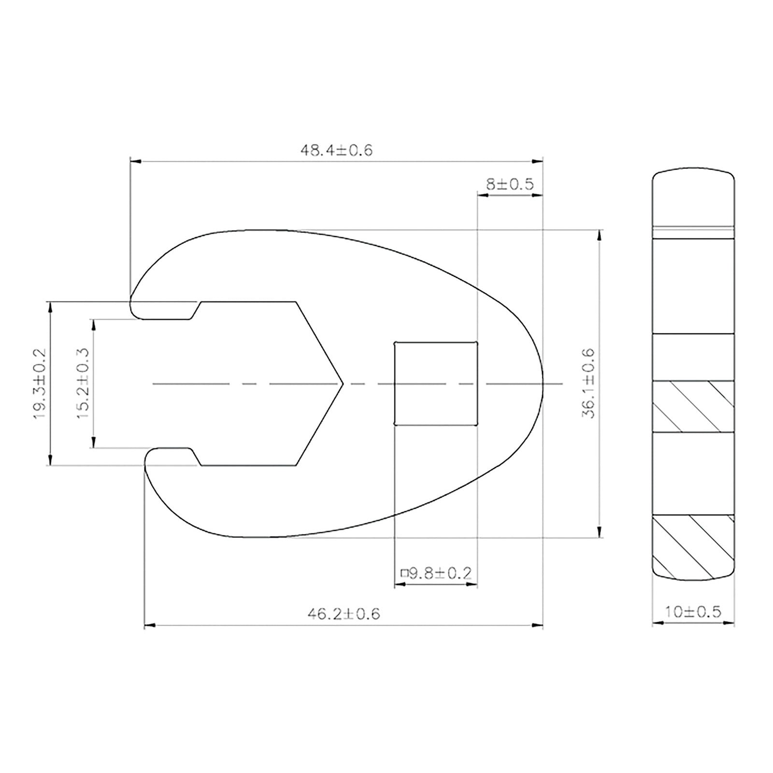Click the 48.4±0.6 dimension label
pos(337,150)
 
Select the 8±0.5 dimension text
pos(509,184)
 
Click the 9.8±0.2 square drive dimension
pos(436,573)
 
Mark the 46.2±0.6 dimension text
pos(344,614)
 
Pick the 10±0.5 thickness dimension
pos(693,612)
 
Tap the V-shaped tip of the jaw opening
pos(342,384)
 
